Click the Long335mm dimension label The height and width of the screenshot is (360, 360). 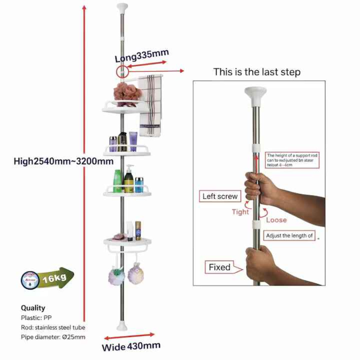tap(142, 56)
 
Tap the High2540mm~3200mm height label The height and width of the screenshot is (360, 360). tap(63, 161)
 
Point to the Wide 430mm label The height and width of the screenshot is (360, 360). tap(131, 346)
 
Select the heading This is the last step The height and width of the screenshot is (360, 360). tap(257, 72)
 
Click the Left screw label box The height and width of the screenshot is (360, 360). tap(220, 196)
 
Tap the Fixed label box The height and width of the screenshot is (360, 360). tap(220, 267)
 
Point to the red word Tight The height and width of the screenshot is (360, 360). tap(241, 212)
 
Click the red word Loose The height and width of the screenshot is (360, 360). tap(276, 220)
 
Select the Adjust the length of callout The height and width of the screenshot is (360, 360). tap(289, 235)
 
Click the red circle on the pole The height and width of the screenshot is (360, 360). tap(121, 71)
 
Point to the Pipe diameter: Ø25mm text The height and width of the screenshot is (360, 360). tap(53, 337)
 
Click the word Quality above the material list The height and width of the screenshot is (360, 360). tap(33, 308)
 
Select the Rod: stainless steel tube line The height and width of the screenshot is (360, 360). tap(53, 327)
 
